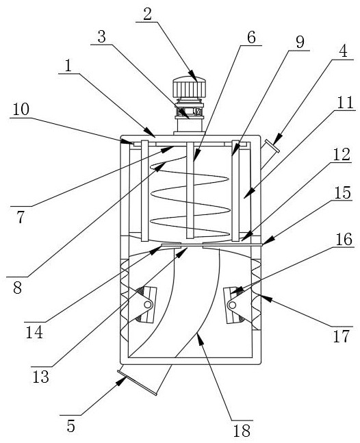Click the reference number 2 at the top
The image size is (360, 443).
pyautogui.click(x=148, y=14)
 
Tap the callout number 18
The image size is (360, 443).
pyautogui.click(x=242, y=431)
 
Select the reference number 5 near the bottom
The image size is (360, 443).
pyautogui.click(x=71, y=426)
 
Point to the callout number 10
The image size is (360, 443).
pyautogui.click(x=21, y=110)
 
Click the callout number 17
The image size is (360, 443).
pyautogui.click(x=342, y=336)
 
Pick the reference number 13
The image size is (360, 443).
pyautogui.click(x=40, y=377)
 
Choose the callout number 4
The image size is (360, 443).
pyautogui.click(x=343, y=51)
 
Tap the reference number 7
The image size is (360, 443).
pyautogui.click(x=21, y=217)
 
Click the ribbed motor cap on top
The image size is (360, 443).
pyautogui.click(x=189, y=87)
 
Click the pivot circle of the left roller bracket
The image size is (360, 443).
pyautogui.click(x=147, y=305)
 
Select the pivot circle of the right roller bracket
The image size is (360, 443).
pyautogui.click(x=233, y=305)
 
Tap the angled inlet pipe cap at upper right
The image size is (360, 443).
pyautogui.click(x=272, y=146)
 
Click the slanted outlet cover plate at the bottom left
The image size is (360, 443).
pyautogui.click(x=137, y=383)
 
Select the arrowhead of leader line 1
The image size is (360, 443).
pyautogui.click(x=149, y=131)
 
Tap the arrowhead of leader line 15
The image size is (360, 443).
pyautogui.click(x=268, y=241)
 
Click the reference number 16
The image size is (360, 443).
pyautogui.click(x=344, y=239)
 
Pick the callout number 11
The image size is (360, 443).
pyautogui.click(x=345, y=103)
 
